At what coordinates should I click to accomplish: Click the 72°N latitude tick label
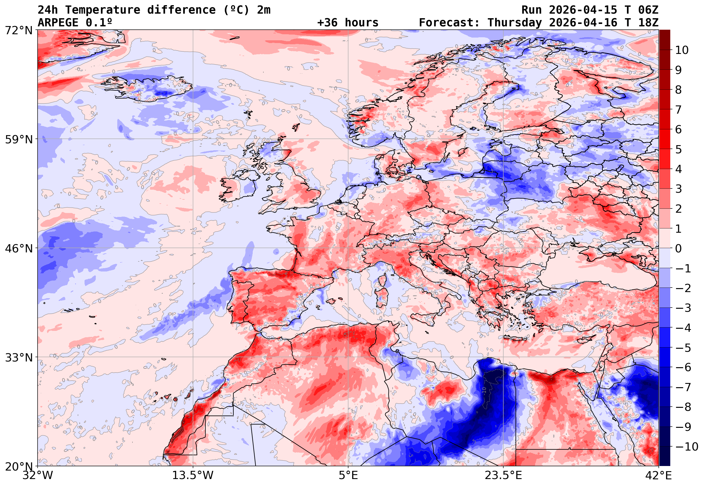(18, 31)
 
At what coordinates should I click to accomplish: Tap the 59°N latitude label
(18, 139)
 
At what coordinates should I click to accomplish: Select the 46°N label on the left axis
(18, 248)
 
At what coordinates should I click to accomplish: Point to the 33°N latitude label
(18, 358)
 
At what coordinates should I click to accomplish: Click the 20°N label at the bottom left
(18, 467)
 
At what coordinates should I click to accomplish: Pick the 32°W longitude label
(38, 476)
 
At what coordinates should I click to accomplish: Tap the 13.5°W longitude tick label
(193, 476)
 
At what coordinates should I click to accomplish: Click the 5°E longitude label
(348, 476)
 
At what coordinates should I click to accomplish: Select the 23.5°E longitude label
(503, 476)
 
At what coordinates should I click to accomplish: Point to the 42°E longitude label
(658, 476)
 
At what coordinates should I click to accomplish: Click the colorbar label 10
(682, 50)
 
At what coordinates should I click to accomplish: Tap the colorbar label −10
(687, 447)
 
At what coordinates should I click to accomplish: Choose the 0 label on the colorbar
(678, 248)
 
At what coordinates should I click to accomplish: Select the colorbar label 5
(678, 149)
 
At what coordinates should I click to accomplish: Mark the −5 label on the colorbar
(683, 348)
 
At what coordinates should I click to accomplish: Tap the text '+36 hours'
(348, 23)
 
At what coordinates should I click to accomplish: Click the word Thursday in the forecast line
(515, 23)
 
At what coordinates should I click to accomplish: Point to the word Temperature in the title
(103, 10)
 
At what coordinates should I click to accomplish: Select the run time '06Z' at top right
(648, 10)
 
